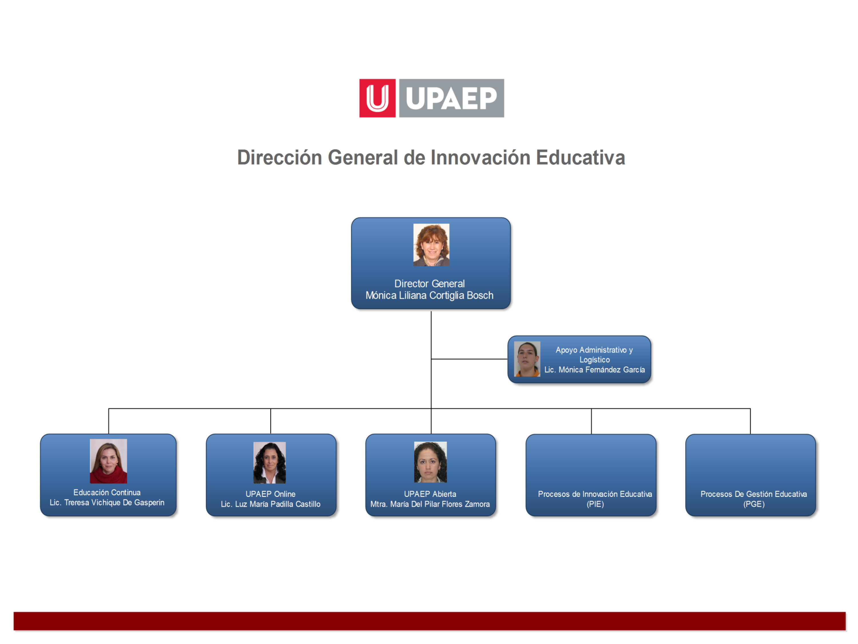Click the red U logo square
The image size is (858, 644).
tap(378, 98)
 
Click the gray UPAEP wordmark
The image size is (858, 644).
tap(452, 98)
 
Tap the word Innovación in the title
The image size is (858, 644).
tap(480, 158)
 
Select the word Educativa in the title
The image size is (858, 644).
tap(581, 158)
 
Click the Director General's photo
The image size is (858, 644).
tap(431, 245)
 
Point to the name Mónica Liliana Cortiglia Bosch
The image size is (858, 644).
tap(429, 296)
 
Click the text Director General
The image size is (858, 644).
tap(429, 284)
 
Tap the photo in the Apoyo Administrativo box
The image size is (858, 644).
tap(527, 359)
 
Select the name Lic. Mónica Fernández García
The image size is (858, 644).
tap(595, 370)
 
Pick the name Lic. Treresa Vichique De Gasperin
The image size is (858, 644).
tap(107, 503)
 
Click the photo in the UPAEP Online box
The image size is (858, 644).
tap(270, 463)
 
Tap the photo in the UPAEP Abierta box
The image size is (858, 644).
tap(430, 462)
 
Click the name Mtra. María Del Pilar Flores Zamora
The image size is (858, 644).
tap(430, 504)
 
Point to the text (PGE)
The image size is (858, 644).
tap(754, 504)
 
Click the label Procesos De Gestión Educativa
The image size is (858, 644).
tap(754, 494)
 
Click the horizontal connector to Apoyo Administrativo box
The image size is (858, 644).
tap(469, 359)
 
